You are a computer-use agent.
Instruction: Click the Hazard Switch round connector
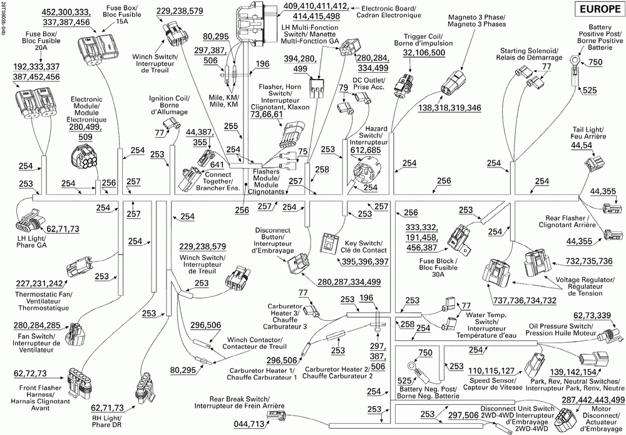coord(362,172)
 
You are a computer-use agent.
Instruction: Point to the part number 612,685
coord(366,150)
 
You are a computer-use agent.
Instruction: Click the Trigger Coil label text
coord(423,39)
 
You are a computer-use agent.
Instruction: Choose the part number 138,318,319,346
coord(449,108)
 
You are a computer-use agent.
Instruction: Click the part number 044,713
coord(249,424)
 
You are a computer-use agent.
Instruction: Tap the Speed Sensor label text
coord(493,384)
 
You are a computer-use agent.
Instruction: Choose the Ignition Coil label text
coord(169,105)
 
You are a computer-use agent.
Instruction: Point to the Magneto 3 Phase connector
coord(452,84)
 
